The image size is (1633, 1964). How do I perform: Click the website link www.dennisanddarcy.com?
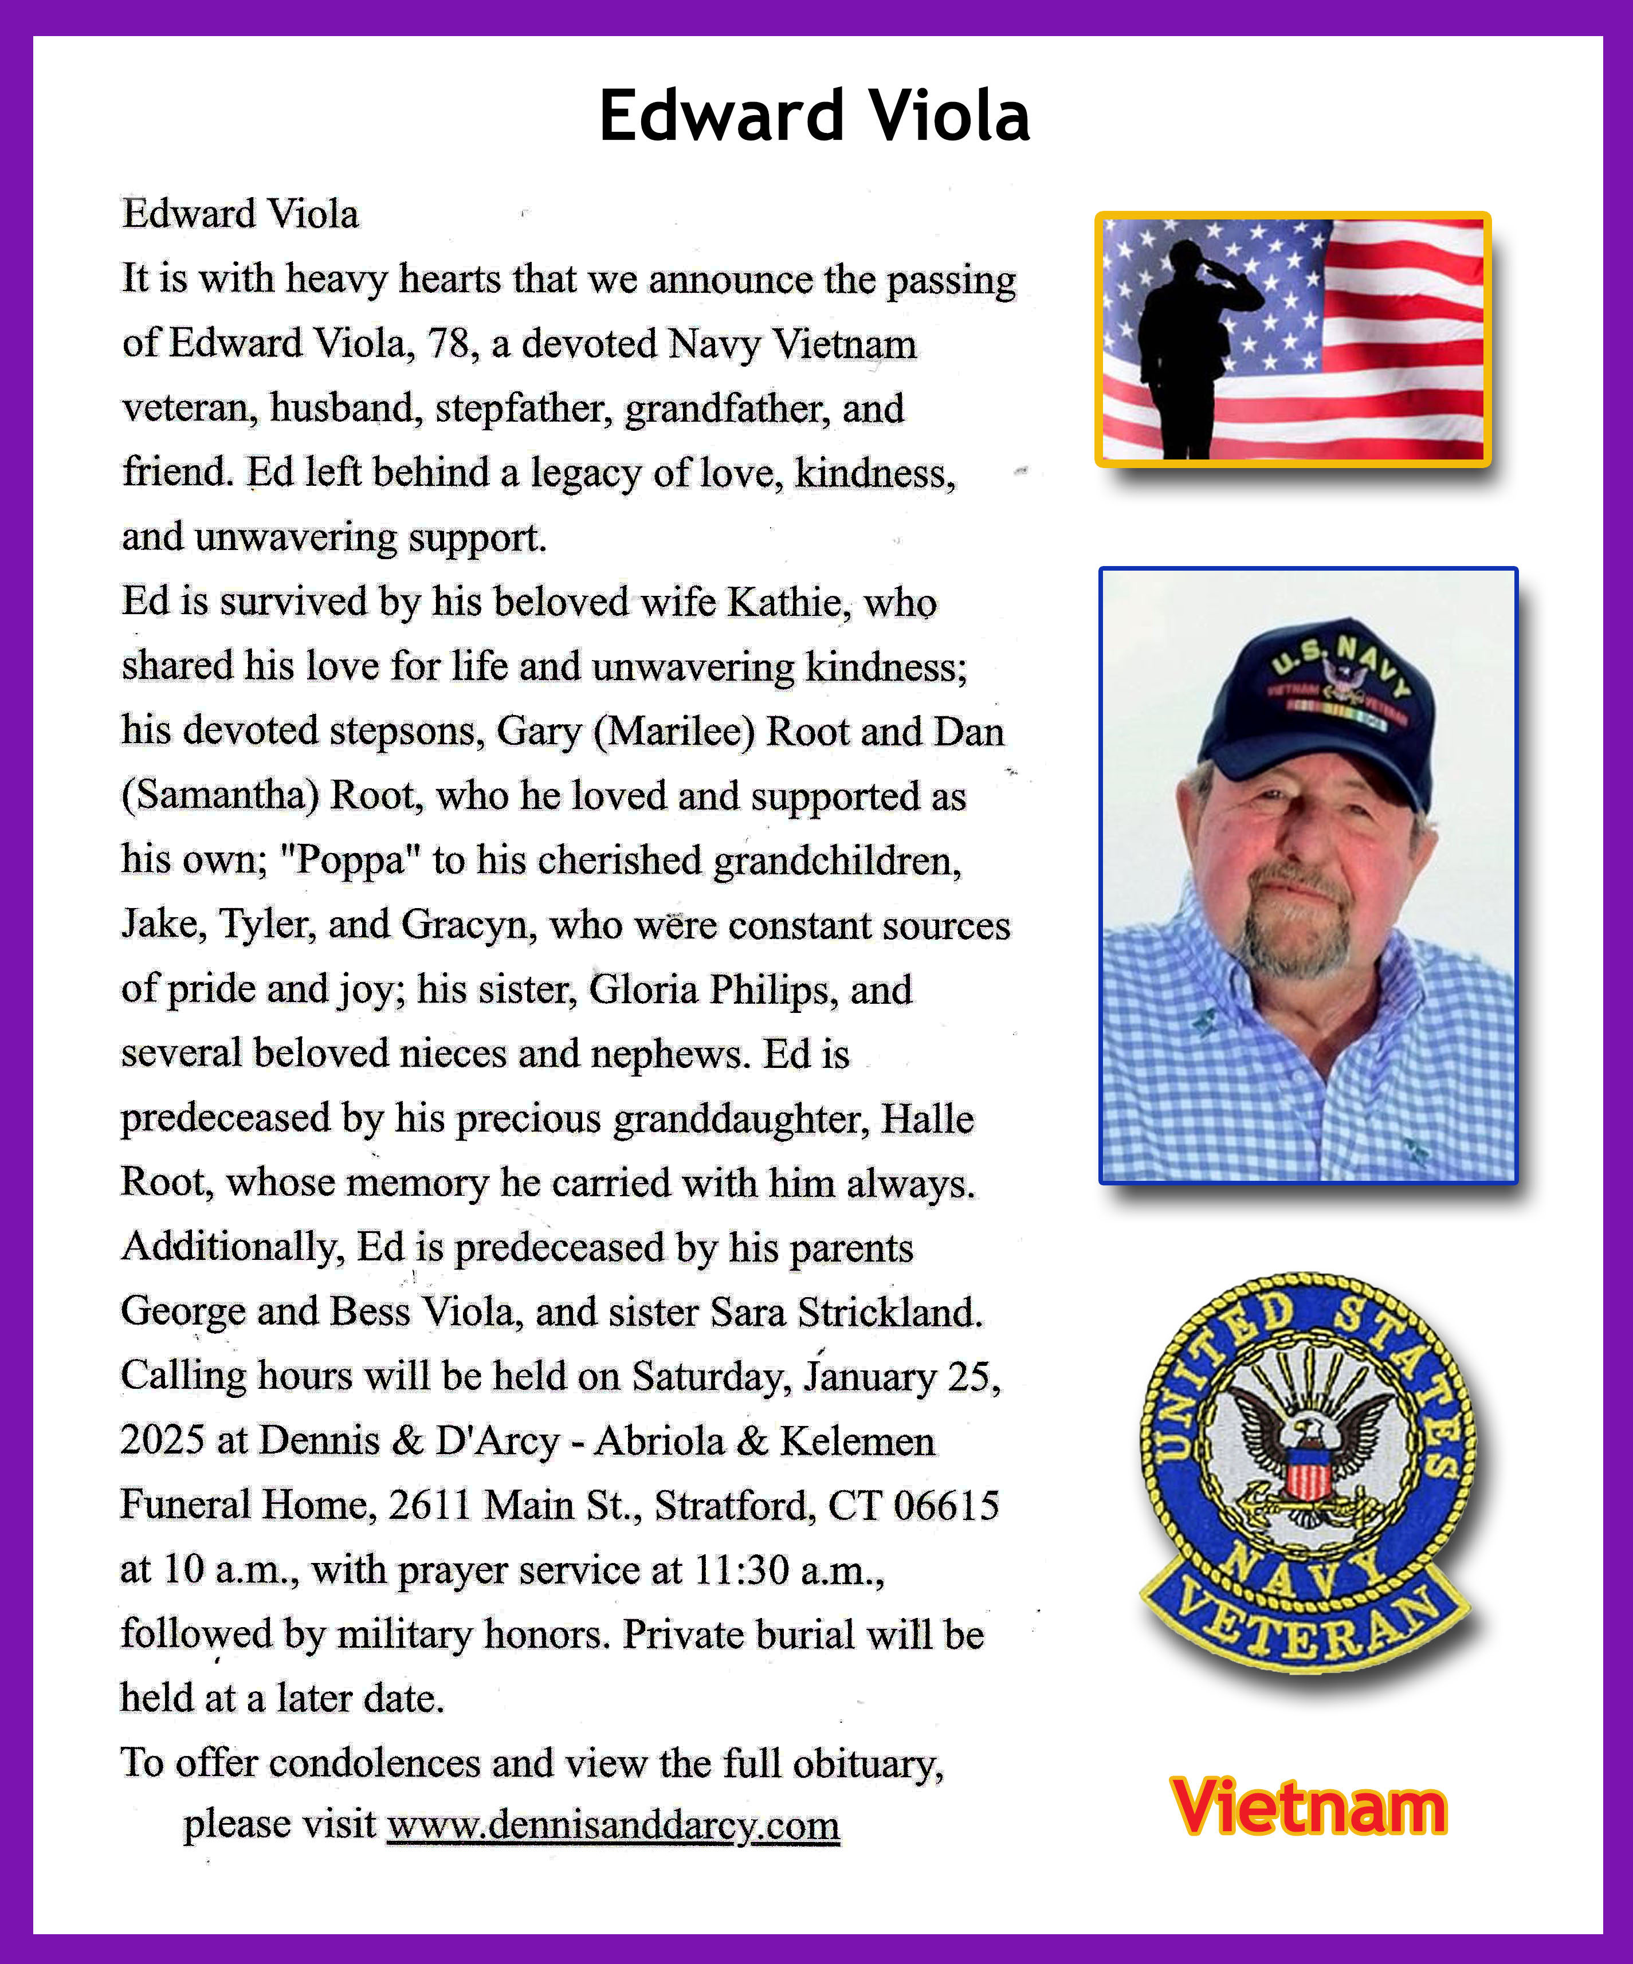[x=614, y=1825]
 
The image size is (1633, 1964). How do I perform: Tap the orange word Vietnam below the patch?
[x=1308, y=1807]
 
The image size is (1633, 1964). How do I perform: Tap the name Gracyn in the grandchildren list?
[x=469, y=925]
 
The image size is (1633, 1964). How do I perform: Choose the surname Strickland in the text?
[x=889, y=1312]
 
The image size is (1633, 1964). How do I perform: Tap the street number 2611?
[x=429, y=1506]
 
